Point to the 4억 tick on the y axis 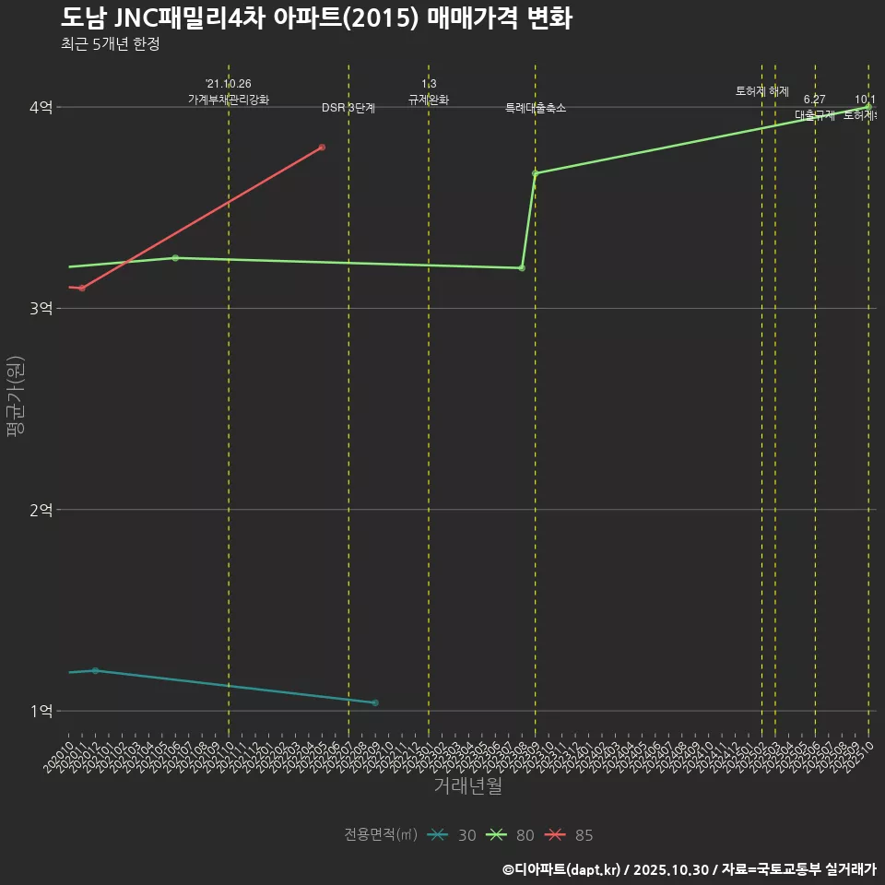[x=41, y=108]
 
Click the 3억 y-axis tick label [x=41, y=309]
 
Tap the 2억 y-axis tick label [x=41, y=510]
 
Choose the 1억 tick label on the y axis [x=41, y=711]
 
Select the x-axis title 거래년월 [x=467, y=786]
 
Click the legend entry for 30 [x=453, y=835]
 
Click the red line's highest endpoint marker [x=322, y=147]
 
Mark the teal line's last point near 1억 [x=375, y=703]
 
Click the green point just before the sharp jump [x=522, y=268]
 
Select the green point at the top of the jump [x=535, y=173]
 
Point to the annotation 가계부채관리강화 [x=229, y=100]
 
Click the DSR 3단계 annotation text [x=348, y=108]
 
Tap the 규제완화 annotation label [x=429, y=100]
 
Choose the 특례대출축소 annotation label [x=536, y=108]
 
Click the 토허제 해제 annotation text [x=762, y=91]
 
